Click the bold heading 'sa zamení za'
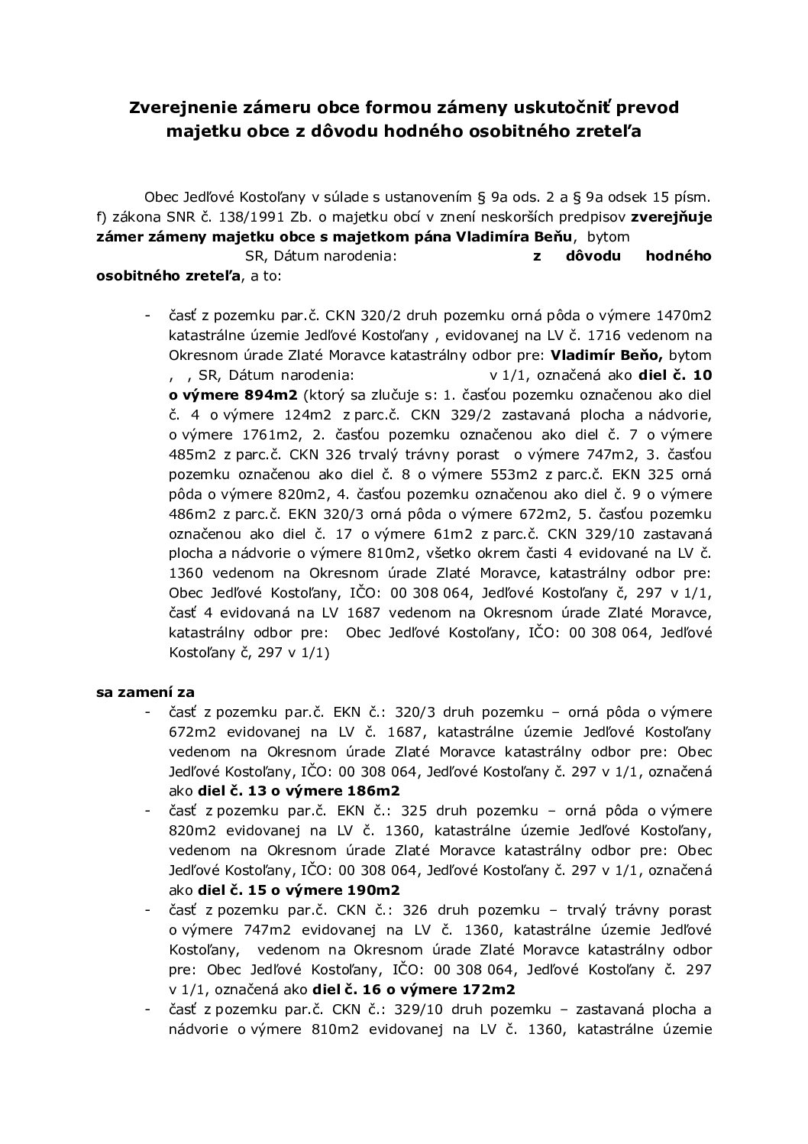coord(145,692)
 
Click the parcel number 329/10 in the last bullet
coord(415,1009)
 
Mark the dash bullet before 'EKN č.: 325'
coord(147,810)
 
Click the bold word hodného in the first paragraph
coord(678,256)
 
